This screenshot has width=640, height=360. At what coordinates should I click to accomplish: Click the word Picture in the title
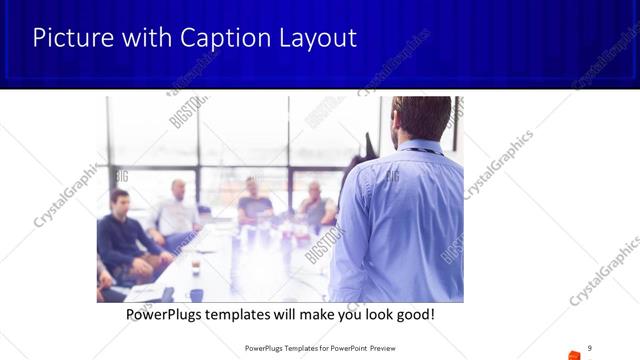[x=67, y=38]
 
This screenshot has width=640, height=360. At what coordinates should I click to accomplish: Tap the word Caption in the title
[x=218, y=38]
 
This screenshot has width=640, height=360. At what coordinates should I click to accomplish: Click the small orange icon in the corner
[x=574, y=353]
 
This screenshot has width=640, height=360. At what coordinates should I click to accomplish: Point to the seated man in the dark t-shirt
[x=253, y=205]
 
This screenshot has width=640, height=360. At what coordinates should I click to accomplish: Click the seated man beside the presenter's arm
[x=315, y=205]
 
